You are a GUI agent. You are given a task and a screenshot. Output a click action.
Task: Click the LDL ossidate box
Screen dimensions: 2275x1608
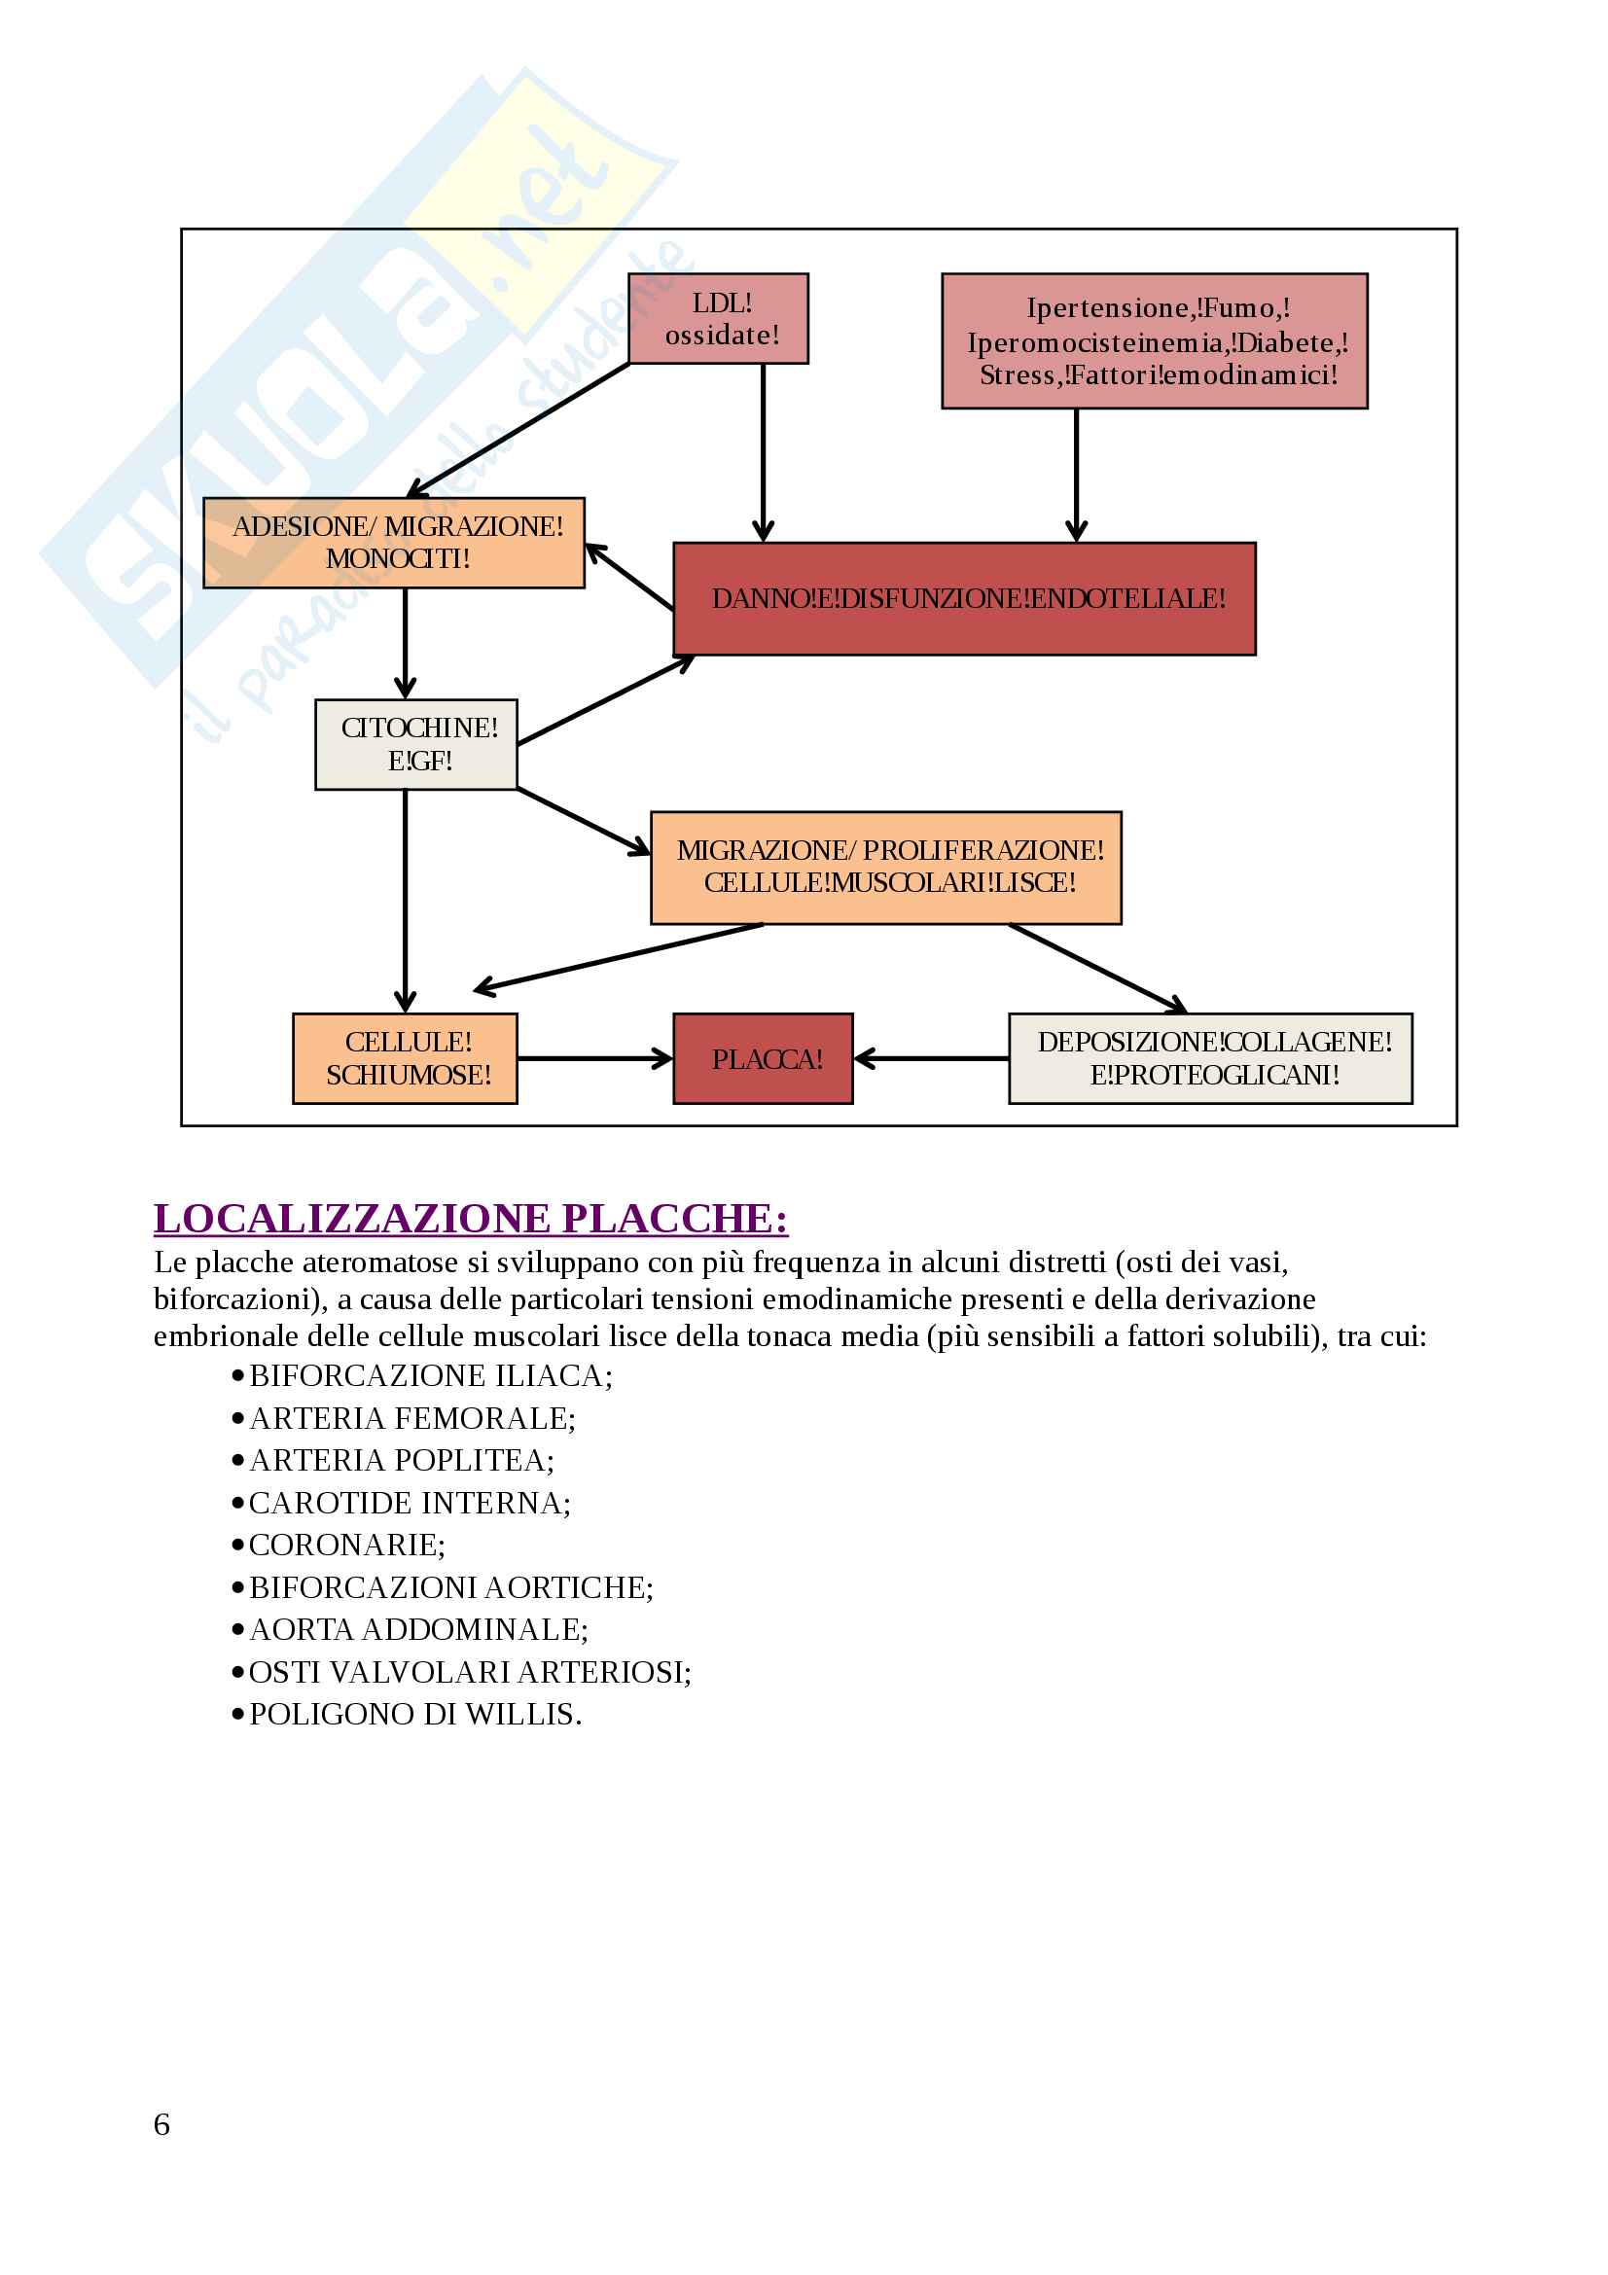pyautogui.click(x=718, y=319)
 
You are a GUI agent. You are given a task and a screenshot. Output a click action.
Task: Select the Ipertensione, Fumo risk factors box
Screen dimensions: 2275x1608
pyautogui.click(x=1155, y=340)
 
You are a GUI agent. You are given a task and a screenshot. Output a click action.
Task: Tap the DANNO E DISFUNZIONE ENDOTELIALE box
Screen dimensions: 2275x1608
pyautogui.click(x=964, y=598)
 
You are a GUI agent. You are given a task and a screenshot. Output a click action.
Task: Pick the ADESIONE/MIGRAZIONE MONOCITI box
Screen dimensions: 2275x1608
pyautogui.click(x=394, y=543)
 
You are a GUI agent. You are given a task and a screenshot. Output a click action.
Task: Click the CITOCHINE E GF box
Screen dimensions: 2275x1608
pyautogui.click(x=416, y=744)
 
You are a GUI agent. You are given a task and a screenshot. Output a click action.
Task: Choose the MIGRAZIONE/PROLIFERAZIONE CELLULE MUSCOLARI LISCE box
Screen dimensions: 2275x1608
pyautogui.click(x=886, y=867)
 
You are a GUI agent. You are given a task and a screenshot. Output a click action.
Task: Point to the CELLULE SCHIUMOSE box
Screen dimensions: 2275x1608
pyautogui.click(x=406, y=1058)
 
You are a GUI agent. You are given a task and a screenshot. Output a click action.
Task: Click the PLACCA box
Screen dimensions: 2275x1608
pyautogui.click(x=763, y=1058)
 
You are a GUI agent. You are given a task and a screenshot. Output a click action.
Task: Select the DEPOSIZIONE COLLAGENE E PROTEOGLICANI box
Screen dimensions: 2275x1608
pyautogui.click(x=1210, y=1058)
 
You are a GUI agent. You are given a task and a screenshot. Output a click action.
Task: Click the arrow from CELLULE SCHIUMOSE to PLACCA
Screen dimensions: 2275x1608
pyautogui.click(x=594, y=1058)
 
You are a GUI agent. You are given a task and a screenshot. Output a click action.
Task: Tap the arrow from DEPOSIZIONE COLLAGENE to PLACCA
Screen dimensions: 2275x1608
pyautogui.click(x=931, y=1058)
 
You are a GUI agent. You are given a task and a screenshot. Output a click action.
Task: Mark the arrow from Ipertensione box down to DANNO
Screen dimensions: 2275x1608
pyautogui.click(x=1076, y=476)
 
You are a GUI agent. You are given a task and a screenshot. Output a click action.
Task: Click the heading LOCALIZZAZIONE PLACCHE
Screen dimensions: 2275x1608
pyautogui.click(x=471, y=1219)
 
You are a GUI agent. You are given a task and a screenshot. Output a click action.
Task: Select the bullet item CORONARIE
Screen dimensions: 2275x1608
pyautogui.click(x=346, y=1545)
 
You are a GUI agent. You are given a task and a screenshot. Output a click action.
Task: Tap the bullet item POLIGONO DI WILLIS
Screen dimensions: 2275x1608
pyautogui.click(x=415, y=1714)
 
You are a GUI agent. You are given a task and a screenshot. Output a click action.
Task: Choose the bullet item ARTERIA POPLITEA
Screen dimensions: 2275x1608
pyautogui.click(x=401, y=1461)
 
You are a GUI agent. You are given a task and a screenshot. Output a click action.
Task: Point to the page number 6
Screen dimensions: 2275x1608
pyautogui.click(x=161, y=2124)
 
